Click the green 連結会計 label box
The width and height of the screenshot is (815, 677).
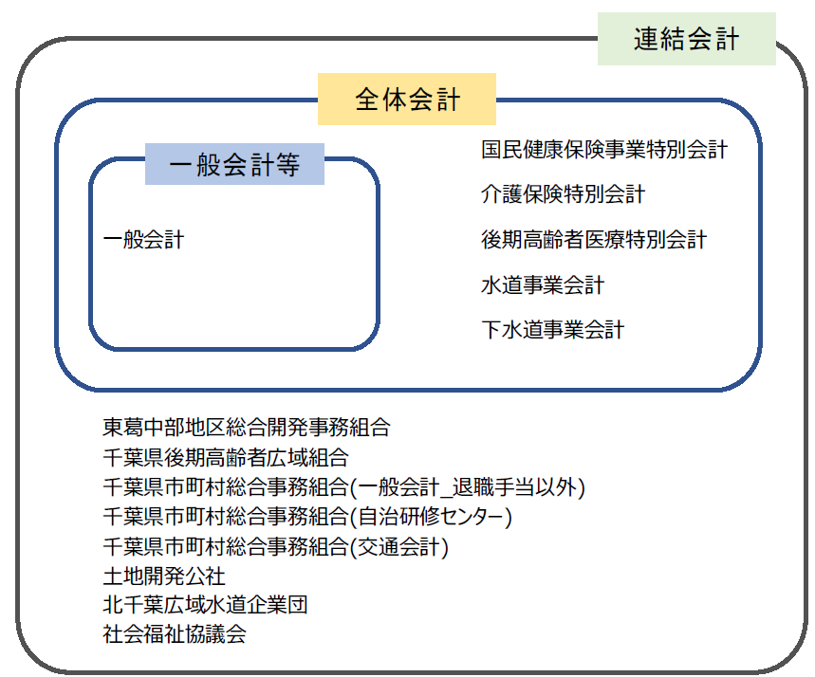coord(686,39)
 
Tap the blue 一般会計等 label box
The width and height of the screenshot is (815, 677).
coord(234,165)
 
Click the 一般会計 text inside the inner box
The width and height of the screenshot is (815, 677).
coord(143,240)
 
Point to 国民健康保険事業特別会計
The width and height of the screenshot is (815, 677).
coord(603,149)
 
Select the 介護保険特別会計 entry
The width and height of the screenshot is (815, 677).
coord(563,194)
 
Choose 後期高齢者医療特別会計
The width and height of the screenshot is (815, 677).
coord(593,240)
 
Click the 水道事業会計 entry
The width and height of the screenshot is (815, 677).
coord(542,285)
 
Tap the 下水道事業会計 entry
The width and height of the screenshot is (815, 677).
coord(552,330)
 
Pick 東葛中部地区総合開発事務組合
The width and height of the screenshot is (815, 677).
coord(246,428)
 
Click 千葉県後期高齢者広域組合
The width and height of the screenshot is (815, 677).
coord(226,458)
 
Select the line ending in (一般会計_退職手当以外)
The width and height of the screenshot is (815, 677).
coord(343,488)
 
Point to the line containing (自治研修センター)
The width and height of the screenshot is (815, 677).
coord(307,518)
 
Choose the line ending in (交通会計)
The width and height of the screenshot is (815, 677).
coord(276,547)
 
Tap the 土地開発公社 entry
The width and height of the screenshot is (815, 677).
coord(164,576)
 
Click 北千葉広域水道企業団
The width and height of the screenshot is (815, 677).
coord(205,605)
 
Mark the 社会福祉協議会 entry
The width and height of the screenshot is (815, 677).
coord(175,634)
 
